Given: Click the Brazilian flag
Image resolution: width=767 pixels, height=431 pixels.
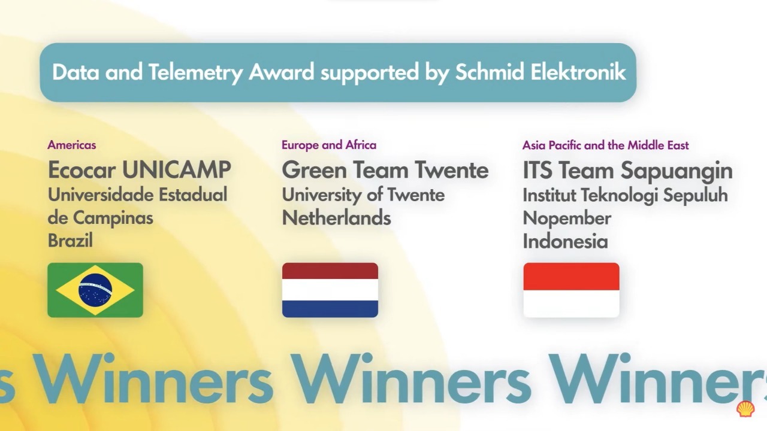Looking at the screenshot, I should [95, 290].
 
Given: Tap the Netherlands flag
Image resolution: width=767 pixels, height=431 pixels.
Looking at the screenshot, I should [330, 290].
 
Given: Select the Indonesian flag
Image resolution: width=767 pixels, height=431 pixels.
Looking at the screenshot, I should [571, 290].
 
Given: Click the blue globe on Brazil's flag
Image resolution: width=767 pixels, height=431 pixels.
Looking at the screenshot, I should [95, 290].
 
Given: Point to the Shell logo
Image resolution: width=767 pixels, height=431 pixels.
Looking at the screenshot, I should [745, 409].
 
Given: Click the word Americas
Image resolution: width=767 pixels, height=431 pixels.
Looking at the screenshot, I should [72, 145].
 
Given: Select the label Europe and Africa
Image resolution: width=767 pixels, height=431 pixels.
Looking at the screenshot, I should [329, 145].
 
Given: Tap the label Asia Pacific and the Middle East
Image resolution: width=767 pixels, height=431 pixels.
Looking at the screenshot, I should [605, 145].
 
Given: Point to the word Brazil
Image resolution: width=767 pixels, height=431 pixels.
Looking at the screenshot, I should [70, 241].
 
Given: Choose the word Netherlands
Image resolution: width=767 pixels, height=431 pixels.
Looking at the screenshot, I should [336, 218].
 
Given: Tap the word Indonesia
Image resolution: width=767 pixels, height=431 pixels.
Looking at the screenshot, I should [565, 241].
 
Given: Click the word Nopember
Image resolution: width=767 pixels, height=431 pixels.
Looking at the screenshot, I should [567, 218].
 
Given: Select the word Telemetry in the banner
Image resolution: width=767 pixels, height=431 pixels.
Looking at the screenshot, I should [195, 72].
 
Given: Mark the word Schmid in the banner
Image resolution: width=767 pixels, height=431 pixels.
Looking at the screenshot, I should [490, 72].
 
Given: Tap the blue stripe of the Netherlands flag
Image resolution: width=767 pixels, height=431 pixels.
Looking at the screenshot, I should [330, 308].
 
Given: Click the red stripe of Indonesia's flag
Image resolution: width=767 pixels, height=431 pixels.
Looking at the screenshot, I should [571, 277].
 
